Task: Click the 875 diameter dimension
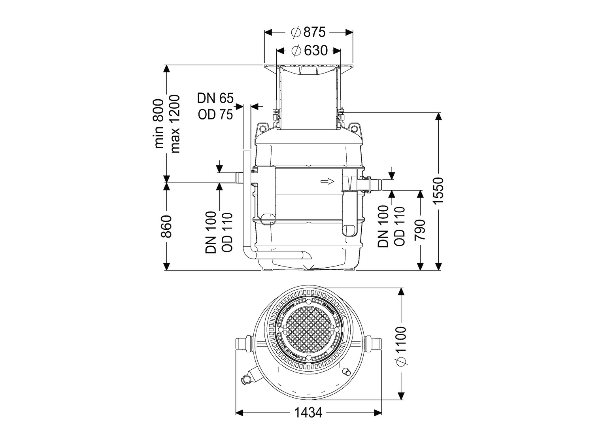(x=308, y=32)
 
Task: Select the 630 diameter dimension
(x=309, y=51)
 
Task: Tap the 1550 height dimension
(x=438, y=191)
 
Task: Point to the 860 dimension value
(x=166, y=226)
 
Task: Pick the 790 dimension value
(x=420, y=230)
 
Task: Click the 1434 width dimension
(x=308, y=413)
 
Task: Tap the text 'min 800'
(x=159, y=123)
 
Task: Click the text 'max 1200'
(x=174, y=123)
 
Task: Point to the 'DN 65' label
(x=216, y=98)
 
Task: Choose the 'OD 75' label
(x=216, y=114)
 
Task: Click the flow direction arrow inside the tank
(x=327, y=181)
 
